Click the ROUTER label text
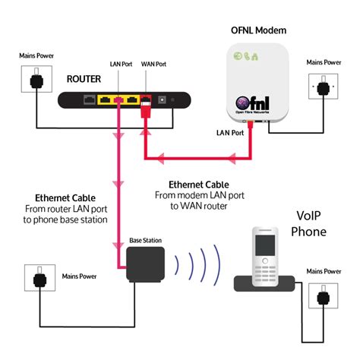tap(84, 79)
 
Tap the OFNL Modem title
tap(258, 30)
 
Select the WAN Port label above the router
tap(153, 64)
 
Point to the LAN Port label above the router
tap(121, 64)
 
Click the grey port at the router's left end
tap(90, 100)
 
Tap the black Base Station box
tap(145, 264)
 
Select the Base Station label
tap(145, 240)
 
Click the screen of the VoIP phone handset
tap(265, 245)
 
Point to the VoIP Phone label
tap(308, 224)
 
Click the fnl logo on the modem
tap(252, 104)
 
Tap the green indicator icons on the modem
tap(245, 56)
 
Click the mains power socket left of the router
tap(36, 79)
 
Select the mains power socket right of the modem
tap(324, 87)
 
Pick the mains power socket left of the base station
tap(39, 278)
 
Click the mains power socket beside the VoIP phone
tap(324, 295)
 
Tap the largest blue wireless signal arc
tap(218, 265)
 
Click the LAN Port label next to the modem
tap(230, 133)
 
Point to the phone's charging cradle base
tap(264, 284)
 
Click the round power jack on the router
tap(162, 100)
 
